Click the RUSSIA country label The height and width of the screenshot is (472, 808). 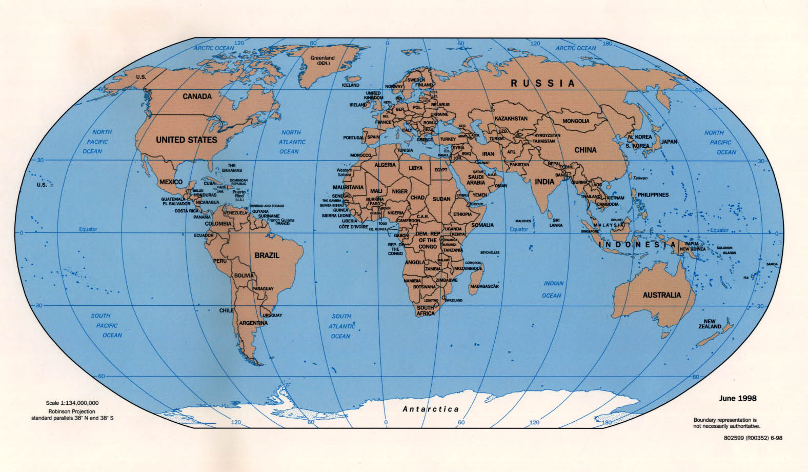point(542,83)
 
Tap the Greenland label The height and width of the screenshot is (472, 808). point(322,61)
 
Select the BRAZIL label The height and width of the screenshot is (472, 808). point(267,255)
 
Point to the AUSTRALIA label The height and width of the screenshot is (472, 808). point(662,295)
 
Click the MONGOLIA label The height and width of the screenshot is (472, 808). point(576,121)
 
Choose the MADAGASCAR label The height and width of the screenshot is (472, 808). point(484,286)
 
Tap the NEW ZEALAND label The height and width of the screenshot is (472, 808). point(710,324)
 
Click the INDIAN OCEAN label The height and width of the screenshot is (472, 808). point(553,289)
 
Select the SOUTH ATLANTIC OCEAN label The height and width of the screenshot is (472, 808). point(341,326)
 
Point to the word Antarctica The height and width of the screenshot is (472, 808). point(431,409)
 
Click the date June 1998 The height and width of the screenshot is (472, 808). point(737,398)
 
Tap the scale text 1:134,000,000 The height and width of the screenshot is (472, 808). point(72,403)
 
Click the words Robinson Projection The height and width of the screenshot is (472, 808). point(72,411)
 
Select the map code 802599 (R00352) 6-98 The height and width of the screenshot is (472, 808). point(753,438)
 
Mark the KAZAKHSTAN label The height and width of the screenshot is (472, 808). point(511,119)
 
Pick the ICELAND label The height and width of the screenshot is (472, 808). point(351,85)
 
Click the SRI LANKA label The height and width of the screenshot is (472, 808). point(556,223)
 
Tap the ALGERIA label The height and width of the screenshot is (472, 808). point(385,165)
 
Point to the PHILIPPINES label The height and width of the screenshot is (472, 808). point(653,195)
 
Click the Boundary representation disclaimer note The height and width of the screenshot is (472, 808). point(726,423)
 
